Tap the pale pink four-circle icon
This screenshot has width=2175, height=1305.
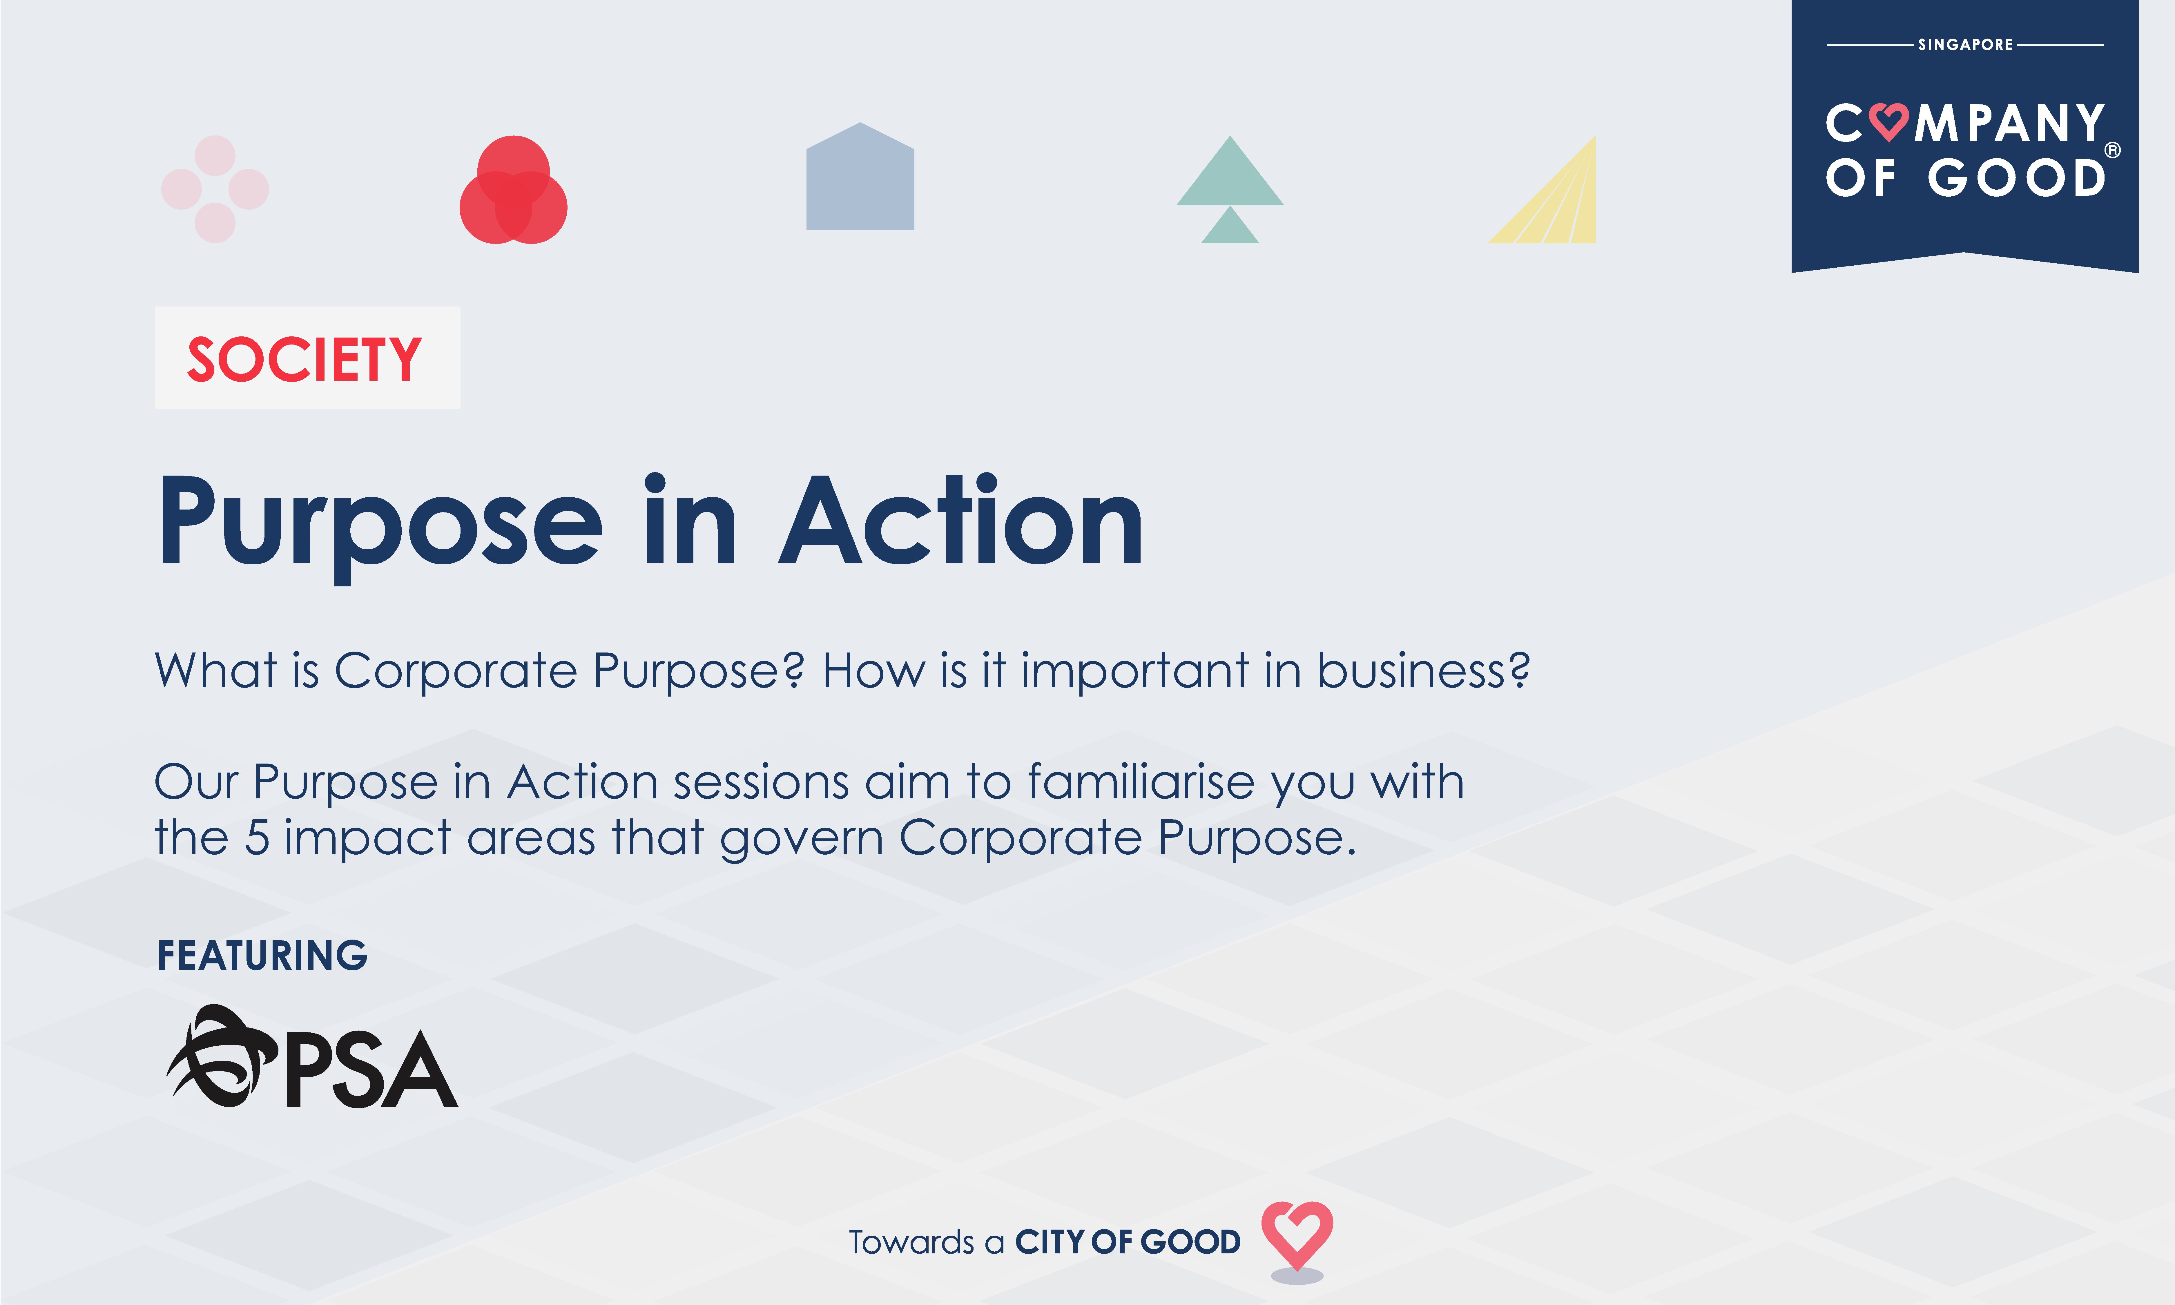click(215, 189)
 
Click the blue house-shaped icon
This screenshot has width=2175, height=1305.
click(860, 179)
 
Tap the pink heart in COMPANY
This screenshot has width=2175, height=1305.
click(1888, 122)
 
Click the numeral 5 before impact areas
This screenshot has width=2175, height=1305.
click(256, 838)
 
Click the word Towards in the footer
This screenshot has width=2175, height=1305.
click(911, 1243)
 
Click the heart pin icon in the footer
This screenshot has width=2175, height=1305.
click(1297, 1238)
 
